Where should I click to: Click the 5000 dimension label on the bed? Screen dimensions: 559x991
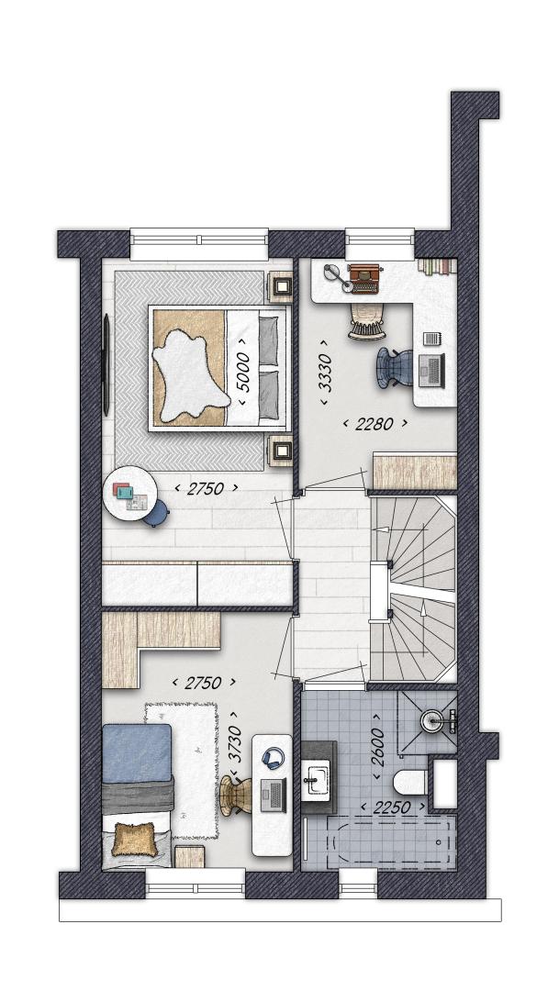(x=244, y=373)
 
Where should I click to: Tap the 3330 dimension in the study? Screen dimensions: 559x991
(x=326, y=372)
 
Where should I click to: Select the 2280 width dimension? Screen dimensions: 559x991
(x=375, y=423)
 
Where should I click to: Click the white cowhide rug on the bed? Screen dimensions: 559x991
(x=190, y=377)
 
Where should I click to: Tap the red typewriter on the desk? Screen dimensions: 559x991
(x=364, y=279)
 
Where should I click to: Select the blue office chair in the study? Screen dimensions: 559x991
(x=395, y=366)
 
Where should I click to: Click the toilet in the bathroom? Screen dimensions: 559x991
(x=409, y=783)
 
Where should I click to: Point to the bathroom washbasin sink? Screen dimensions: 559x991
(x=315, y=779)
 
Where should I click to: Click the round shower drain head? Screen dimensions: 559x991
(x=433, y=720)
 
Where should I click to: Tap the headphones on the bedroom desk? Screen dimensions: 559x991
(x=273, y=757)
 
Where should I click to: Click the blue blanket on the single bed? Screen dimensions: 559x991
(x=137, y=752)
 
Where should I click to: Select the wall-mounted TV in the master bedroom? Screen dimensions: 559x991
(x=106, y=364)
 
